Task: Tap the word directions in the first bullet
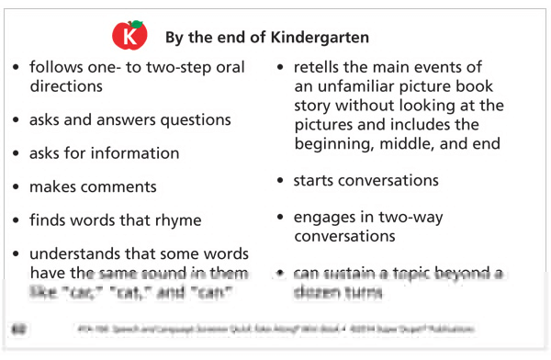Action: click(65, 85)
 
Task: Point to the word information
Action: click(130, 152)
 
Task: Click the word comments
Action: click(119, 186)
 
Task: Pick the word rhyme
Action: click(178, 220)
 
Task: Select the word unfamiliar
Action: click(361, 87)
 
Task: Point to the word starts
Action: click(315, 181)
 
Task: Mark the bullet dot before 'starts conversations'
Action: click(281, 182)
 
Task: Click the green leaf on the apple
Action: click(137, 23)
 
